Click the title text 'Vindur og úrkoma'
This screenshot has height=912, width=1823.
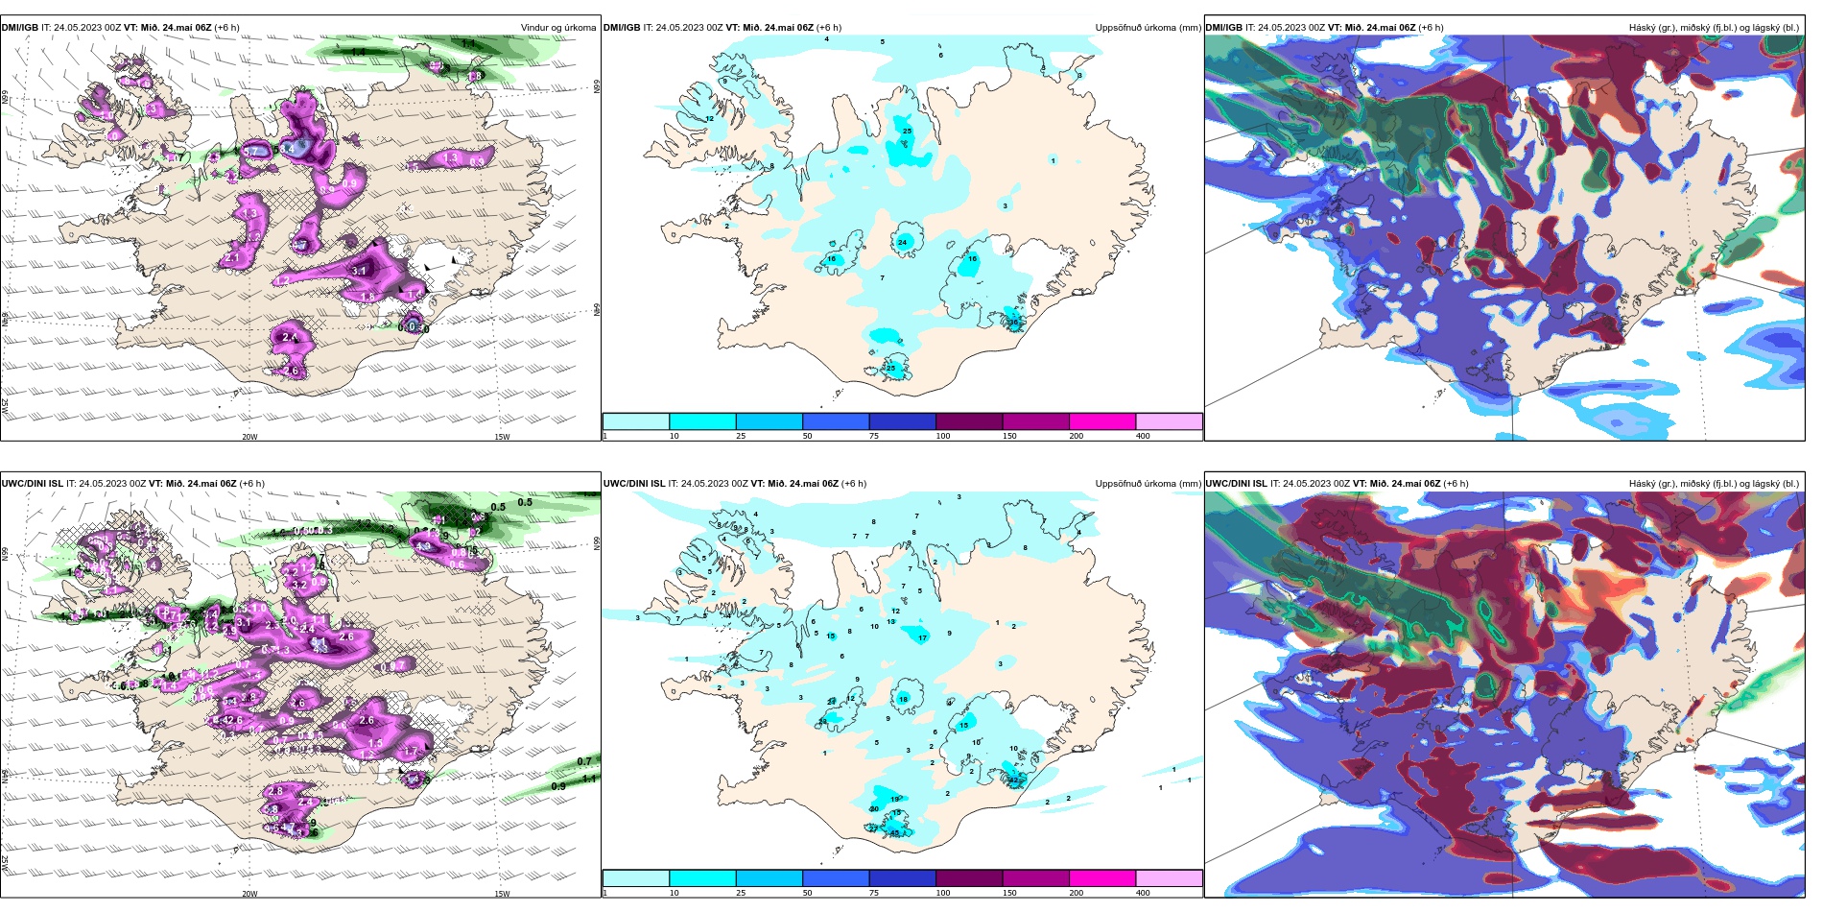coord(557,28)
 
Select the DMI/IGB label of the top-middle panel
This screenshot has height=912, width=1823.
coord(621,28)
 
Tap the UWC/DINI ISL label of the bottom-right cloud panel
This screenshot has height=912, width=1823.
coord(1236,484)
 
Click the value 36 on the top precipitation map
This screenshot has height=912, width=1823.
coord(1013,323)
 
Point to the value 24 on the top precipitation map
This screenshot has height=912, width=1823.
coord(902,243)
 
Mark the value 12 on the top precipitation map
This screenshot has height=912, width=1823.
coord(709,119)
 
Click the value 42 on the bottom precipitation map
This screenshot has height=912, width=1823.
coord(1014,781)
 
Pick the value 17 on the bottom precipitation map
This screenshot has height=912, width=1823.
coord(922,638)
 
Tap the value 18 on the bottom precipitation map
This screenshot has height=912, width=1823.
coord(903,700)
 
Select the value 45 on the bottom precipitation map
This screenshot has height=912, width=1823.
coord(894,833)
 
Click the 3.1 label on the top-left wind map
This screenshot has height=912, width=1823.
coord(359,272)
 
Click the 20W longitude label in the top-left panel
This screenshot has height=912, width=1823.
coord(249,437)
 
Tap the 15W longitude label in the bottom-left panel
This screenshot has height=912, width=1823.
coord(501,894)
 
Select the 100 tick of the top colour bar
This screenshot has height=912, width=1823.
coord(943,436)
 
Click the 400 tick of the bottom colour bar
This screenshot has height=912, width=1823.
coord(1143,893)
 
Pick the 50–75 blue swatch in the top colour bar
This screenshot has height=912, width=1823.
coord(836,421)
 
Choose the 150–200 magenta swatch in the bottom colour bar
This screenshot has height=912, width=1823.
coord(1102,878)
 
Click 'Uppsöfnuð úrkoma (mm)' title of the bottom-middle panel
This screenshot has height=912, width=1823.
coord(1148,484)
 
